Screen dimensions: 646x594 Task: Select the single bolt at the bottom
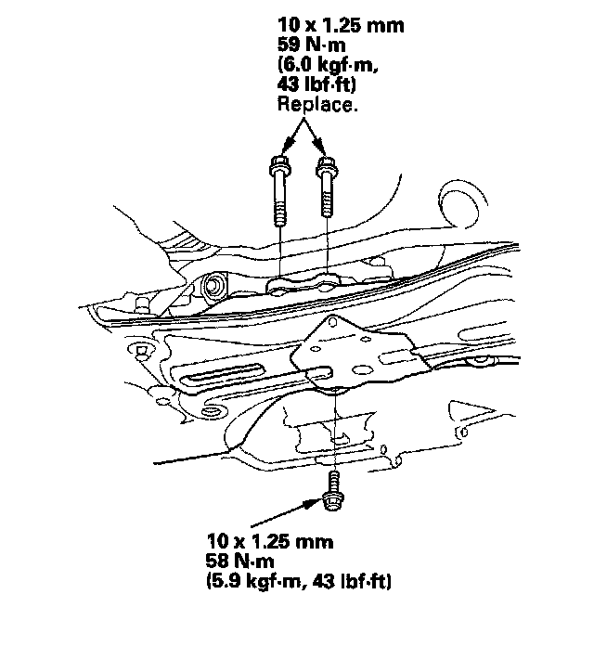coord(330,491)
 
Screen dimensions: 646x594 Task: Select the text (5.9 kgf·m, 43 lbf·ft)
coord(298,582)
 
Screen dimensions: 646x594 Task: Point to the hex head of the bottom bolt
coord(330,502)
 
